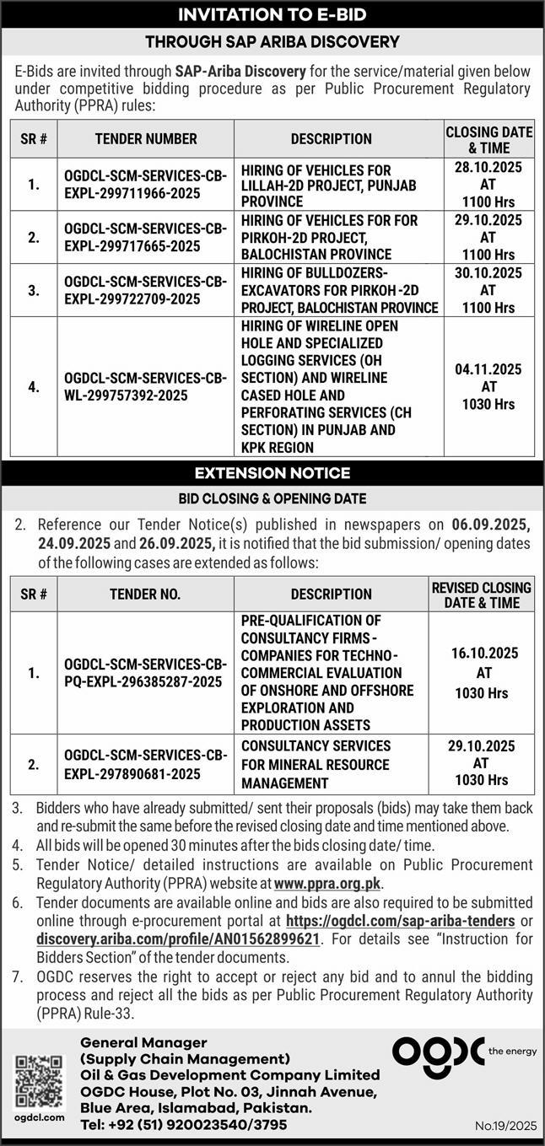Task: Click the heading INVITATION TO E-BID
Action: [272, 14]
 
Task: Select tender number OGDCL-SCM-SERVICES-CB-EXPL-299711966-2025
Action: [145, 184]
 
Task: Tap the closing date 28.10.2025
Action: [489, 168]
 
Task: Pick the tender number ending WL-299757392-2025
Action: [145, 386]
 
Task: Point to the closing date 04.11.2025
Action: [489, 369]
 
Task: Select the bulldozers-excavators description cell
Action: [338, 290]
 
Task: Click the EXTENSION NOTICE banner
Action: [272, 472]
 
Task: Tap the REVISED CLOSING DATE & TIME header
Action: [482, 595]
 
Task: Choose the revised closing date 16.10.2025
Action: [482, 654]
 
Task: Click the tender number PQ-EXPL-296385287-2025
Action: [145, 672]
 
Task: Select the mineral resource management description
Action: [316, 764]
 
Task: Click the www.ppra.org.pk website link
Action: [328, 884]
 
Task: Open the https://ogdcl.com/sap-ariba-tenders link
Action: [401, 921]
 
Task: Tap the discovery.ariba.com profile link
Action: [178, 939]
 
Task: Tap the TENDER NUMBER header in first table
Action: [145, 138]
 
